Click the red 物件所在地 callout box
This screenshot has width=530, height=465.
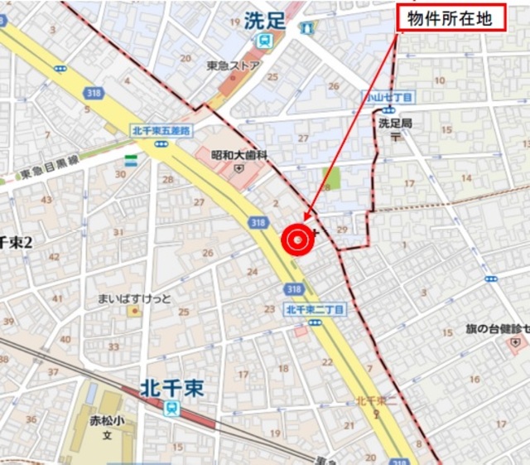(x=451, y=19)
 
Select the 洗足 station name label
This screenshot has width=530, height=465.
(x=264, y=22)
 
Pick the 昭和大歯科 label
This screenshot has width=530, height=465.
(x=239, y=154)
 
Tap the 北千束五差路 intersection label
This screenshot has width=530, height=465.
(x=161, y=130)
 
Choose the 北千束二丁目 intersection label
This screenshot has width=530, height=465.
(x=314, y=309)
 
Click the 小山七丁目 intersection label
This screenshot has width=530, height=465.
(x=389, y=96)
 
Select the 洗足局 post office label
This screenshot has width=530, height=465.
(x=395, y=123)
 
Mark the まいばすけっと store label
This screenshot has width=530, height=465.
(x=133, y=298)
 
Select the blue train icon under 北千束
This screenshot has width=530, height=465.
(x=171, y=406)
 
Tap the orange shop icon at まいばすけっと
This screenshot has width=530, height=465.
(x=133, y=312)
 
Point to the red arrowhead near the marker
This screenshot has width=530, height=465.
(x=307, y=217)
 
